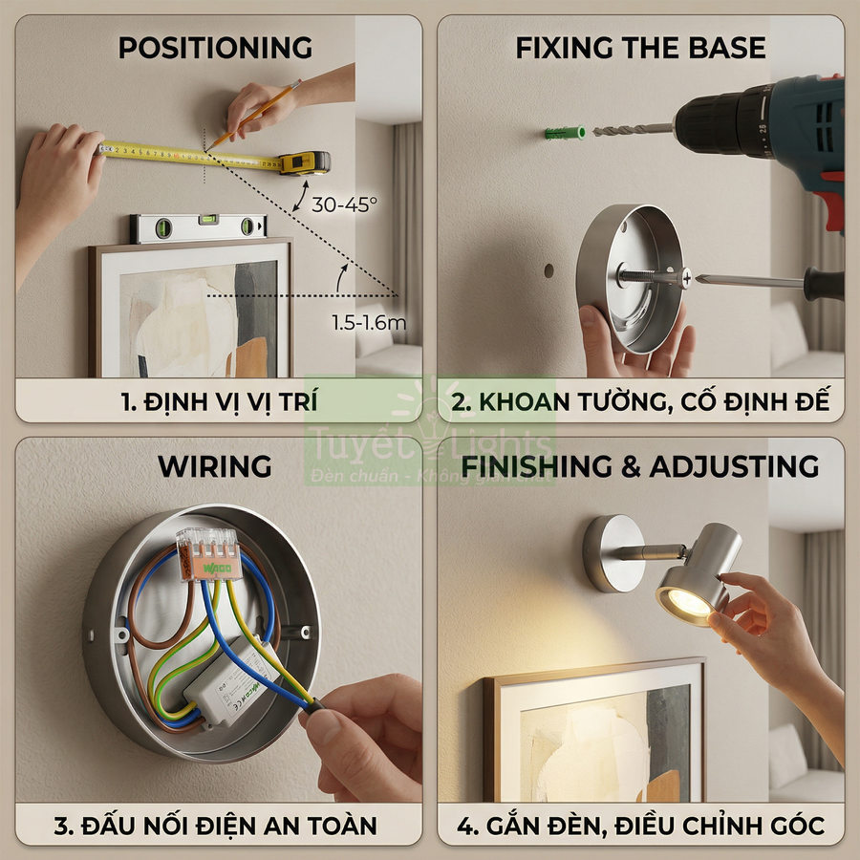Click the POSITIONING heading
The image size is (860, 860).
coord(215,48)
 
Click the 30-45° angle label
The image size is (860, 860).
coord(345,204)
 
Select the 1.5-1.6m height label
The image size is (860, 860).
coord(369,323)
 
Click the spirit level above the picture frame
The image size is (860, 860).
coord(198,226)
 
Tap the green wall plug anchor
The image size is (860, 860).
coord(565,132)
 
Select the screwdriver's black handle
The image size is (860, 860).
coord(823,284)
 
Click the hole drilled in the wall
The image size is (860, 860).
coord(548,270)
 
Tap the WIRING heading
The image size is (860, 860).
coord(215,466)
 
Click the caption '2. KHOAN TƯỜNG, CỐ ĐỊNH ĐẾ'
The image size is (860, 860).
coord(641,401)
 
